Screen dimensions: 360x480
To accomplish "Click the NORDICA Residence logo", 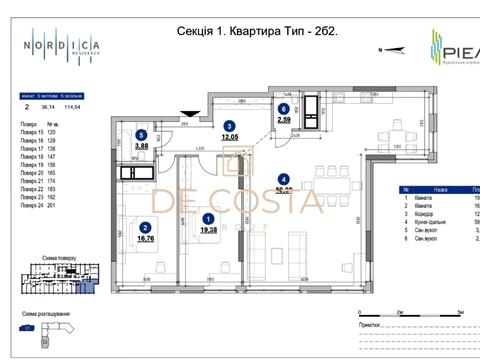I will coord(62,45).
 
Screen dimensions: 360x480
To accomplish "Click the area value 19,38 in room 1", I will coord(207,229).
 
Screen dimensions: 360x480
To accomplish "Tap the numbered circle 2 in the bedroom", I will coord(146,227).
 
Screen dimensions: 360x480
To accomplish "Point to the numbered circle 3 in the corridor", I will coord(229,126).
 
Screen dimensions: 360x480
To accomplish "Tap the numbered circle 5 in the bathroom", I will coord(142,135).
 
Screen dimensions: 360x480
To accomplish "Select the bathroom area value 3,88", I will coord(142,146).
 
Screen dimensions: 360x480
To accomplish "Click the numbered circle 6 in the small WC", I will coord(283,109).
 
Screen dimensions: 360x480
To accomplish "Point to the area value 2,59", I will coord(283,121).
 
